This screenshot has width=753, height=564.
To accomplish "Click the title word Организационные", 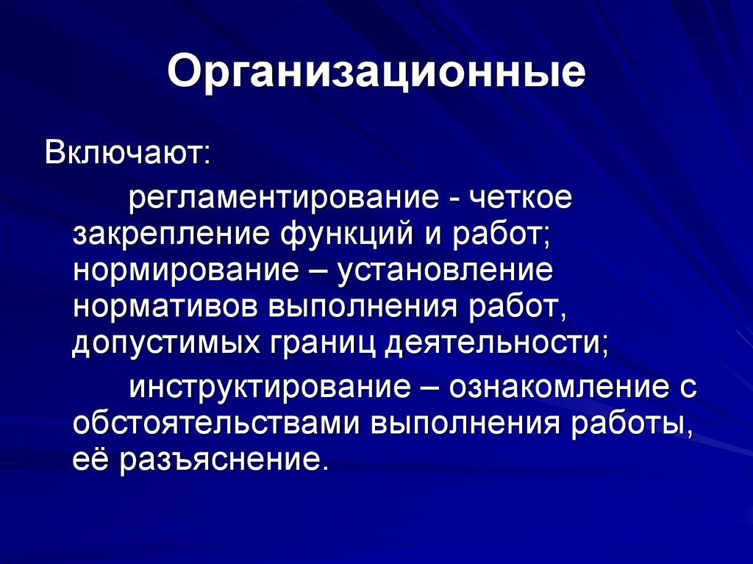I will pos(376,74).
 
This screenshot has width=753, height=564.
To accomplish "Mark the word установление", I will pos(445,270).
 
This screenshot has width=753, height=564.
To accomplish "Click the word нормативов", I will pos(165,305).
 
